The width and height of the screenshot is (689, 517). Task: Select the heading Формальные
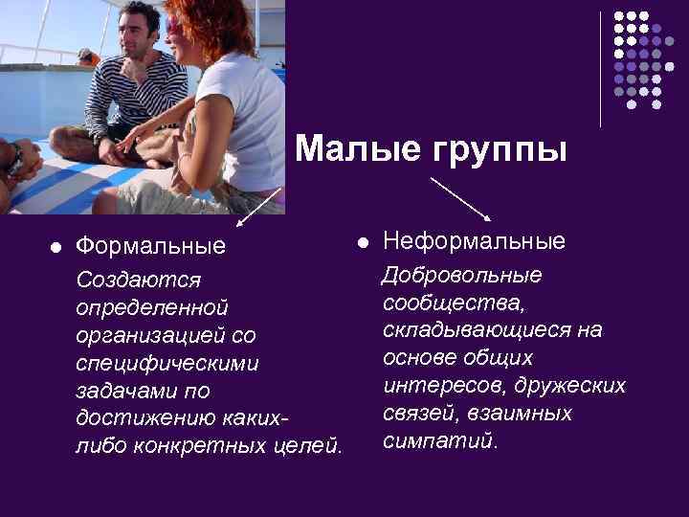(150, 246)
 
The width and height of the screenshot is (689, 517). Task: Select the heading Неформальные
(474, 240)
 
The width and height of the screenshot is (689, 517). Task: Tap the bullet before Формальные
(55, 247)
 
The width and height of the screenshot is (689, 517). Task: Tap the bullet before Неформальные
(362, 241)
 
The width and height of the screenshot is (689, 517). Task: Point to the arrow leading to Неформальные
(461, 199)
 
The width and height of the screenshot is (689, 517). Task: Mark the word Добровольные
(462, 276)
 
